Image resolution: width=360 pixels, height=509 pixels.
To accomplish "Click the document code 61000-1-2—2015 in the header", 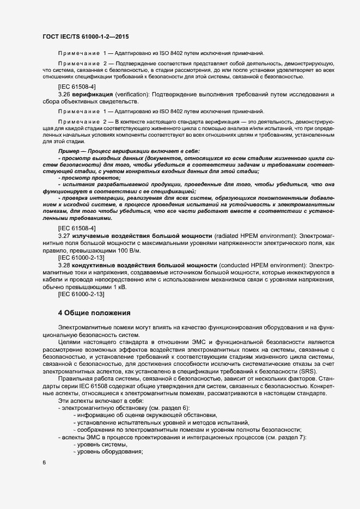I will click(102, 36).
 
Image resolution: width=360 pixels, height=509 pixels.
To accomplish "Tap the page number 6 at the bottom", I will click(44, 463).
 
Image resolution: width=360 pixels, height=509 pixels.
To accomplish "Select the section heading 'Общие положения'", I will click(97, 313).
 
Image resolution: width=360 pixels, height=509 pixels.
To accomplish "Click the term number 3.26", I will click(65, 94).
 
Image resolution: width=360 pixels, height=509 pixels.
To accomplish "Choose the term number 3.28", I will click(65, 263).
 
